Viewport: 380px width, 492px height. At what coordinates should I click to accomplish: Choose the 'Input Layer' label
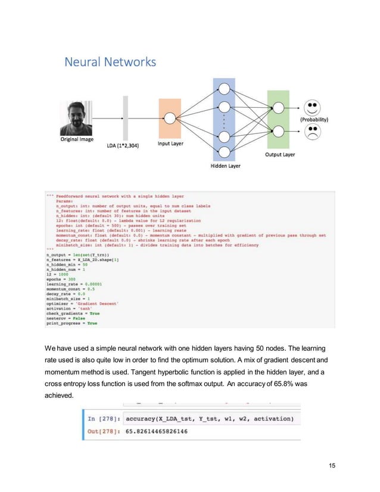(x=170, y=143)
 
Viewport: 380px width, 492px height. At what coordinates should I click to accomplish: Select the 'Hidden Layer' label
(x=225, y=166)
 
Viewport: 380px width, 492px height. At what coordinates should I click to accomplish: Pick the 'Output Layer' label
(x=279, y=154)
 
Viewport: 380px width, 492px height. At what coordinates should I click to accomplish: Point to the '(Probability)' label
(x=319, y=119)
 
